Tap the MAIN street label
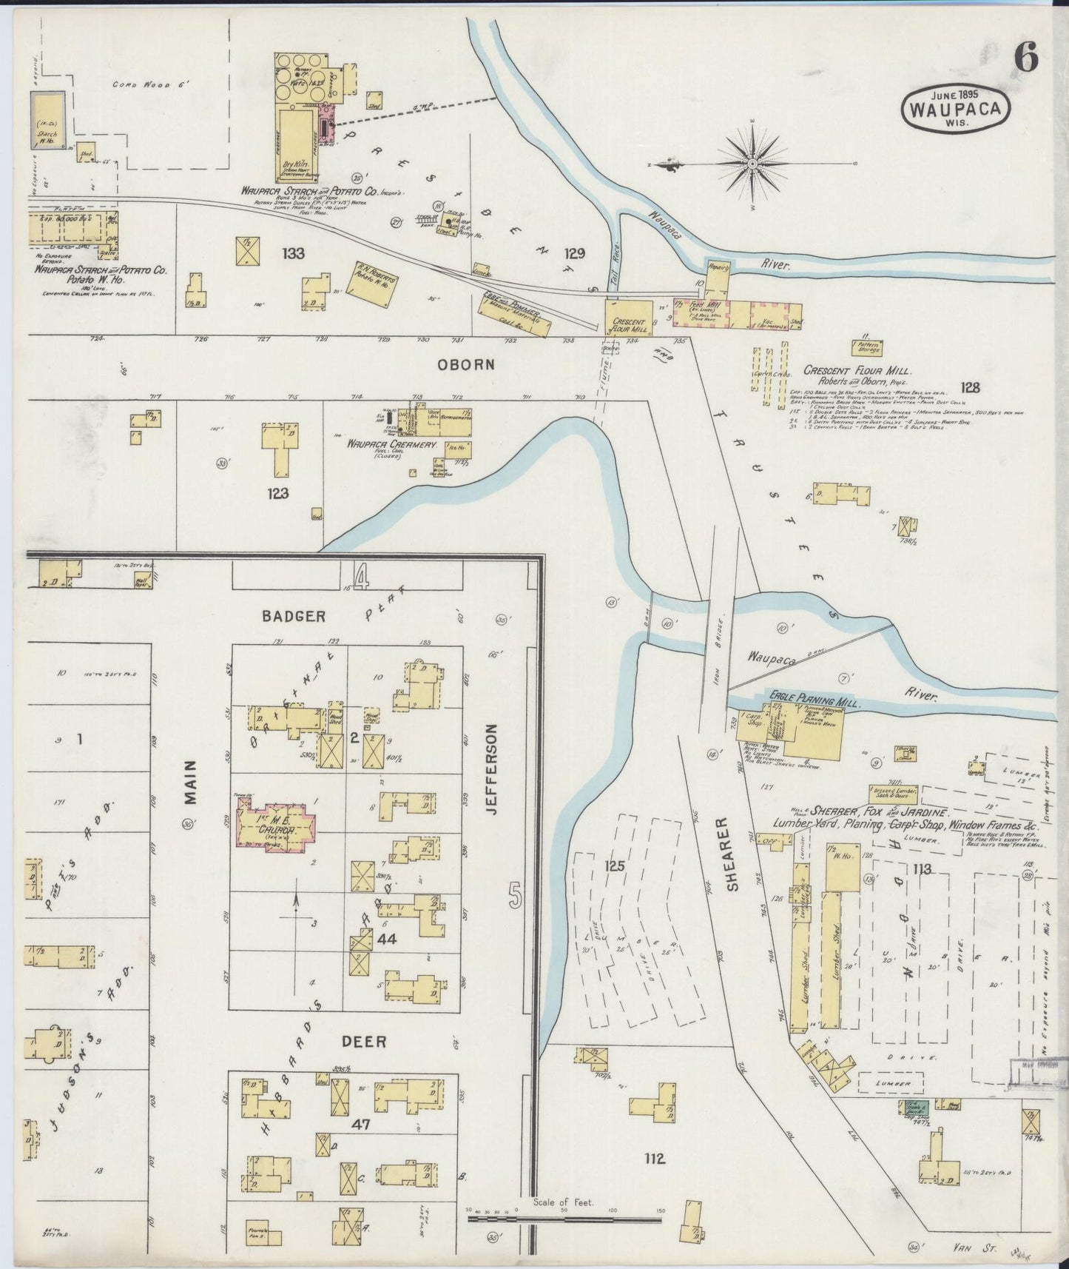189,782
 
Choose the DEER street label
363,1042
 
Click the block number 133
293,254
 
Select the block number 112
654,1159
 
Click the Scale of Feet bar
564,1216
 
